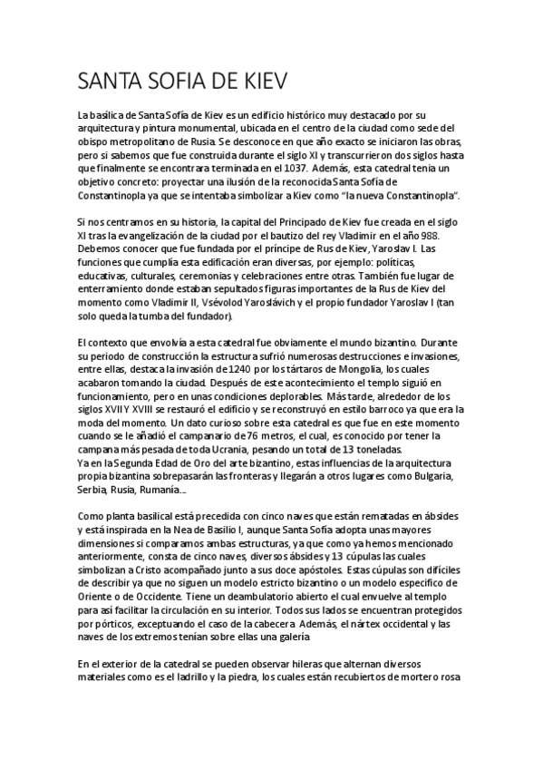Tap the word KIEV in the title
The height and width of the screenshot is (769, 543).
coord(257,83)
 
